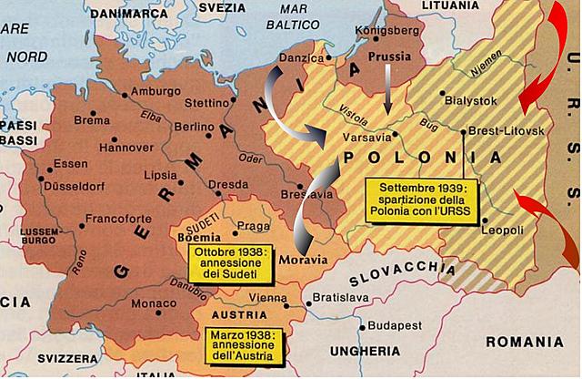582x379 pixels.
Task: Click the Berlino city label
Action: click(x=193, y=127)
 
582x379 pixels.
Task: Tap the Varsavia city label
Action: click(x=366, y=138)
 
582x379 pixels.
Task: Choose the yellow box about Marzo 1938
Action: click(x=245, y=344)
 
